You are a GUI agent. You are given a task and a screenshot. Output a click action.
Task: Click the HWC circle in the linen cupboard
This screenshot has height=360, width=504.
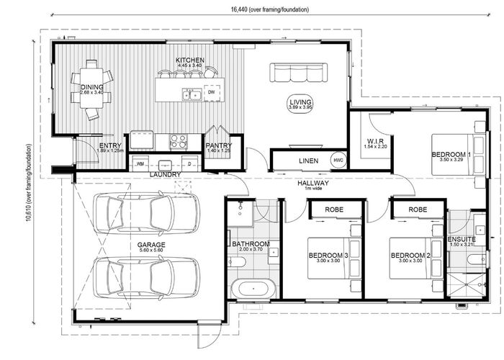click(x=338, y=160)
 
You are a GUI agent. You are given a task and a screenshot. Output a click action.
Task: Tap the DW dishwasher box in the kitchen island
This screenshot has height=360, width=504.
click(x=212, y=93)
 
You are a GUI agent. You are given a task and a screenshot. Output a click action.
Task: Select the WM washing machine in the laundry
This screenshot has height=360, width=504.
click(x=140, y=164)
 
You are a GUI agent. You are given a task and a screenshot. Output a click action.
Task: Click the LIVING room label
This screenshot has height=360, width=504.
click(x=300, y=102)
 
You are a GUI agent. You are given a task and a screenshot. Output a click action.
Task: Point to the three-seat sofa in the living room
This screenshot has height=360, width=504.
click(x=299, y=73)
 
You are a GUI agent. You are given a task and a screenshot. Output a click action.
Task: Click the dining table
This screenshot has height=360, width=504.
click(x=91, y=88)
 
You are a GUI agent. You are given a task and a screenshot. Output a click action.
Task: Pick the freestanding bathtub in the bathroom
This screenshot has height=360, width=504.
click(x=253, y=289)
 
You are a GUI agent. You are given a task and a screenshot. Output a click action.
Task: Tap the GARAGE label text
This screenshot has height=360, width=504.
click(x=151, y=245)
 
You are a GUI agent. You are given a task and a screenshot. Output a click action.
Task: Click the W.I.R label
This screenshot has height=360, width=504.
click(x=375, y=141)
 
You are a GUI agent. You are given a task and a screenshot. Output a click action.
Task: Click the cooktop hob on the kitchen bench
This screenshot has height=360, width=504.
click(x=179, y=141)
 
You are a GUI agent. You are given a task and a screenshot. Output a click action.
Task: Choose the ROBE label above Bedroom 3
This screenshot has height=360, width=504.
click(x=334, y=210)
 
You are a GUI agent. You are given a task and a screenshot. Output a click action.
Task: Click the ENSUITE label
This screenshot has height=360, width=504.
click(x=462, y=239)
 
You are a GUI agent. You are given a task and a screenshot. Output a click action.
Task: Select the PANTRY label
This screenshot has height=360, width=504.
click(x=219, y=145)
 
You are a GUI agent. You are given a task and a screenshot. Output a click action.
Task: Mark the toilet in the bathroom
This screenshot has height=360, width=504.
click(x=237, y=262)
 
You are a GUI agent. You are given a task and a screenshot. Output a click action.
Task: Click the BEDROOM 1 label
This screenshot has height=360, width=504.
click(x=451, y=155)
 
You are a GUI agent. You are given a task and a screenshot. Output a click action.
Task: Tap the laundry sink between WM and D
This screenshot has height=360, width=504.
click(x=166, y=165)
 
